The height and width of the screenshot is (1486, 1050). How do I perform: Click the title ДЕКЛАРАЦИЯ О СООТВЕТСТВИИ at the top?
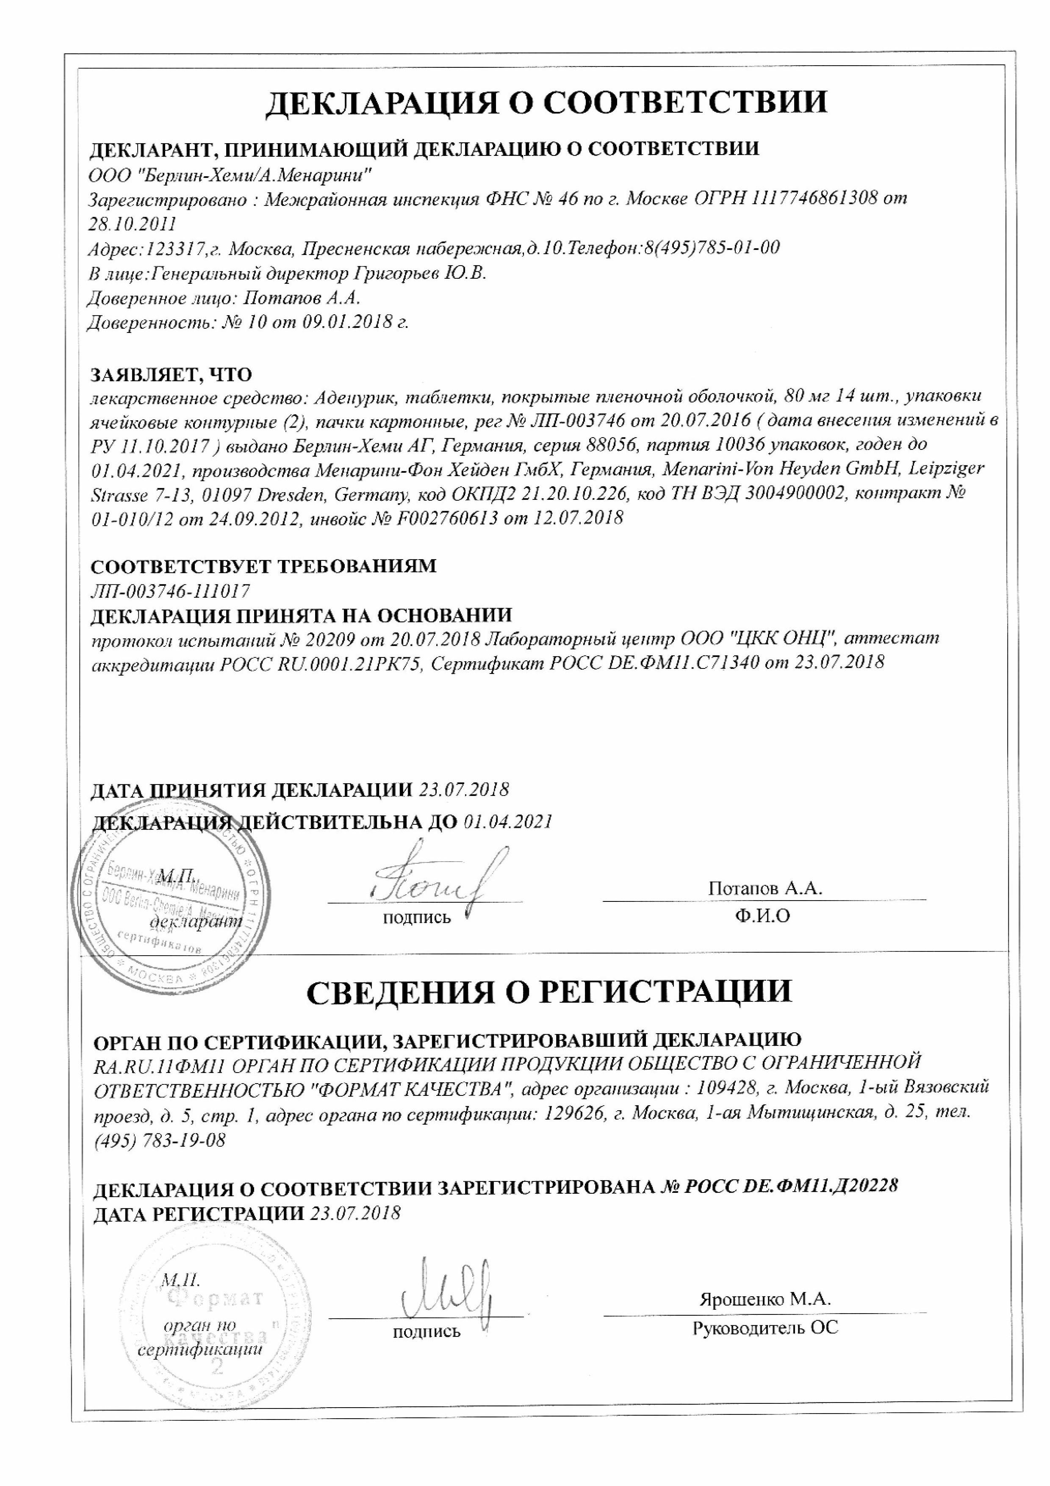coord(547,102)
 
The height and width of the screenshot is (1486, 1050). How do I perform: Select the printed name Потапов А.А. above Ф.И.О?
coord(765,889)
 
